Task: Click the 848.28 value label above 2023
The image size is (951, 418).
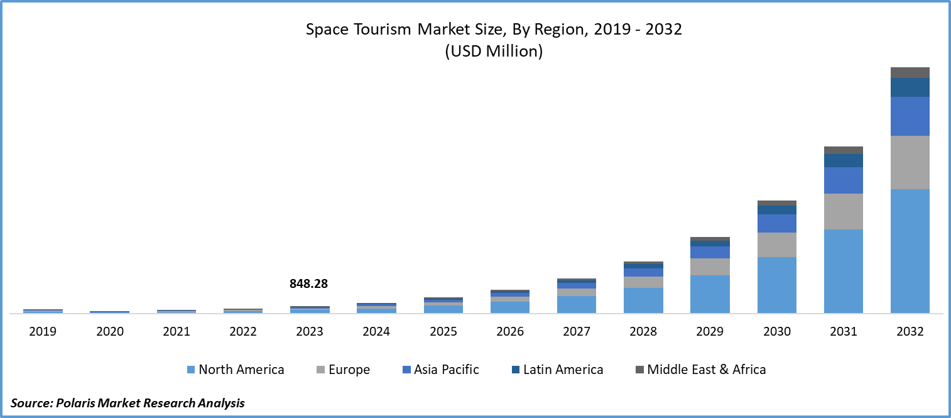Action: [308, 284]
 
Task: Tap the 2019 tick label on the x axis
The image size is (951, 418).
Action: [43, 331]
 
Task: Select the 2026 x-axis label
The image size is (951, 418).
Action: [509, 331]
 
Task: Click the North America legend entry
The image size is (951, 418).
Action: [241, 370]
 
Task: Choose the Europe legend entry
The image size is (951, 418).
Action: [349, 370]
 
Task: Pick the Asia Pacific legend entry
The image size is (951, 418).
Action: [446, 370]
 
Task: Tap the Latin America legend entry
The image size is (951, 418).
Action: [562, 370]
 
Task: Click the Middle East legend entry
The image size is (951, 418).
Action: [685, 370]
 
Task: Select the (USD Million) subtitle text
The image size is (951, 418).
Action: [494, 52]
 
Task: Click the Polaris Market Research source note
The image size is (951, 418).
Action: [128, 403]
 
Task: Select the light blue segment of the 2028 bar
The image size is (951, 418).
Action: [643, 300]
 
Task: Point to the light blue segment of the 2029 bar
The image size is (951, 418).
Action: [710, 294]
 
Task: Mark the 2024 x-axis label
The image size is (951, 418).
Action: [376, 331]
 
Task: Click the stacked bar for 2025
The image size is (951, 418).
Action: [443, 306]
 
